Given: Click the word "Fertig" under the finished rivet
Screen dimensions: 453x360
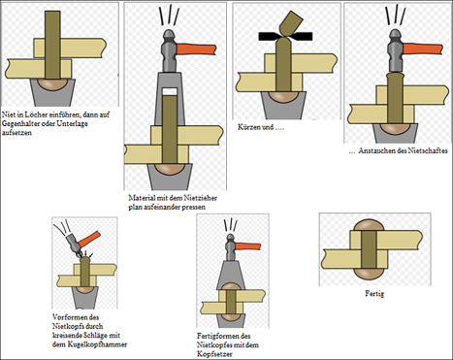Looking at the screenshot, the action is coord(374,294).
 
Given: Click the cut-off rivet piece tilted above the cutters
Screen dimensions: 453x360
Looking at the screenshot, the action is coord(291,23).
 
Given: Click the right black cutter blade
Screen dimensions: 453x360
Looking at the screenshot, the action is coord(302,36).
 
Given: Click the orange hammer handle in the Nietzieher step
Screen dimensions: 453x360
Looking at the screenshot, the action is coord(196,49).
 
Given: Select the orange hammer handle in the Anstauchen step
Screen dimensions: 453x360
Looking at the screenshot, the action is coord(423,49).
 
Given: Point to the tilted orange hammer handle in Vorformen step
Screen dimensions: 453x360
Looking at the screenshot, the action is coord(89,239).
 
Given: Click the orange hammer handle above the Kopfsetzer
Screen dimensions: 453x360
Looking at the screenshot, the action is coord(247,246).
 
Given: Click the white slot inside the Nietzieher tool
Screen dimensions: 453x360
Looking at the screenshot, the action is coord(170,91).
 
